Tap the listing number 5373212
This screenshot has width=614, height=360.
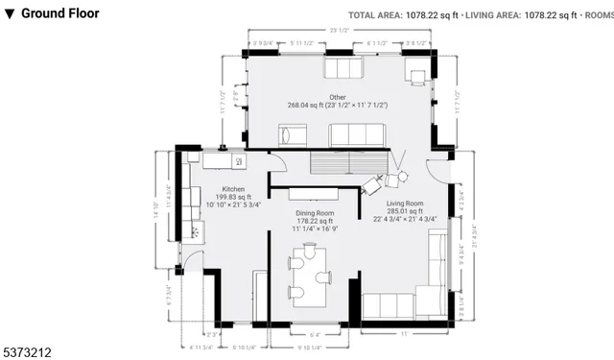tap(33, 352)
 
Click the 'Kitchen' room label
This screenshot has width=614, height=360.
tap(233, 189)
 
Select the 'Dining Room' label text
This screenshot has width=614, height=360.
tap(314, 212)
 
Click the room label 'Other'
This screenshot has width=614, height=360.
tap(337, 97)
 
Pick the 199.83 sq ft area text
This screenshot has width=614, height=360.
tap(233, 197)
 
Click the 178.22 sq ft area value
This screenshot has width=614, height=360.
tap(314, 220)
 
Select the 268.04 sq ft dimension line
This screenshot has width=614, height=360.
tap(337, 105)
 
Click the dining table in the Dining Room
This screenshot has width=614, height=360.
tap(309, 276)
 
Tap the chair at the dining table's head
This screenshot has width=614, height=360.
tap(309, 246)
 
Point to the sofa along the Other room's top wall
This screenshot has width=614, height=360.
tap(342, 69)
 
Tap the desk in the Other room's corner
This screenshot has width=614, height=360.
tap(416, 71)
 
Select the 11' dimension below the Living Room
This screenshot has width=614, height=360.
tap(404, 333)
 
